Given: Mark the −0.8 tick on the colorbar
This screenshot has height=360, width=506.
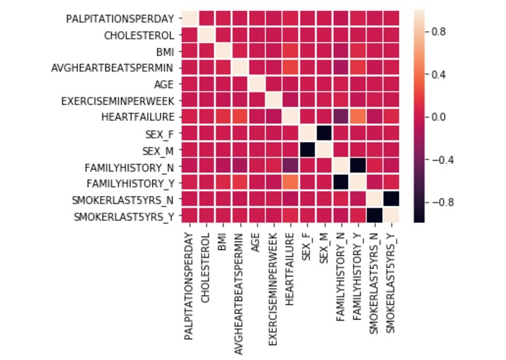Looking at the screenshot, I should pyautogui.click(x=441, y=201).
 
